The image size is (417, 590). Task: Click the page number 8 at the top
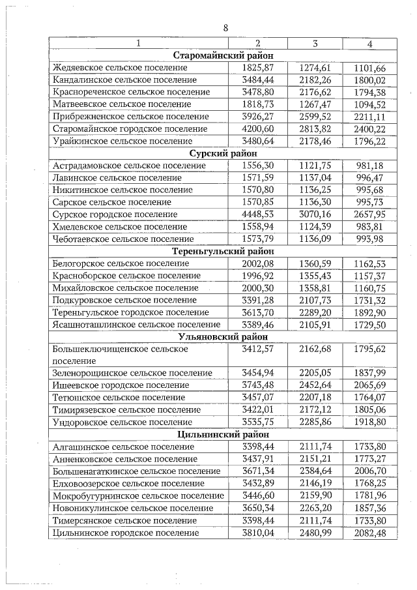coord(225,28)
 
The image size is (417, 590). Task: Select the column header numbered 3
coord(314,44)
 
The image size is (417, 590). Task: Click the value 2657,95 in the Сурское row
coord(369,214)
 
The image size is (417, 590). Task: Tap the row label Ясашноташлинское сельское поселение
coord(136,325)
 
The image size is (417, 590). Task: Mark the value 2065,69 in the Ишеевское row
coord(369,385)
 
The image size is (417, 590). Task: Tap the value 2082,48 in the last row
coord(369,532)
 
